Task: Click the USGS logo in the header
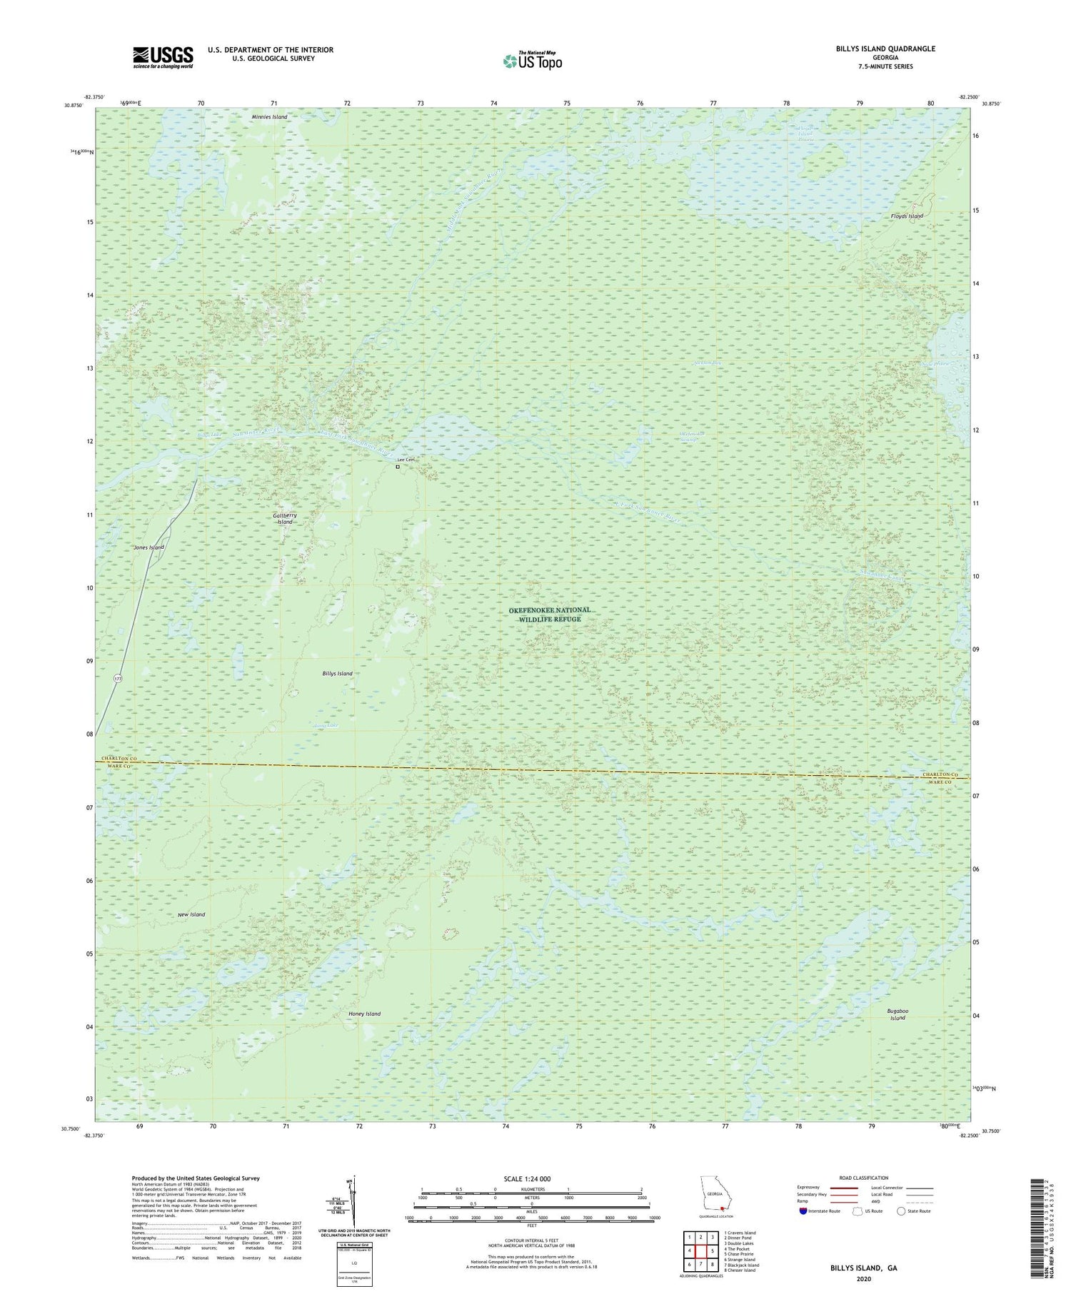[163, 57]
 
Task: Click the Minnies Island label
[269, 116]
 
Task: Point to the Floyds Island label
[907, 216]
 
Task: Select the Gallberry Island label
[285, 518]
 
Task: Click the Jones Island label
[149, 547]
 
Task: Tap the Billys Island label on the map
[337, 674]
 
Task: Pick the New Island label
[191, 914]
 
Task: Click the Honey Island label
[364, 1014]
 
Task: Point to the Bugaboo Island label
[897, 1014]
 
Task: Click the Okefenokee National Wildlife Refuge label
[550, 615]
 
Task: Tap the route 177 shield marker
[118, 678]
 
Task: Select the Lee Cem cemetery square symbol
[398, 467]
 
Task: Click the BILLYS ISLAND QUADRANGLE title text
[885, 49]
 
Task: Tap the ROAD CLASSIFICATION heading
[864, 1178]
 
